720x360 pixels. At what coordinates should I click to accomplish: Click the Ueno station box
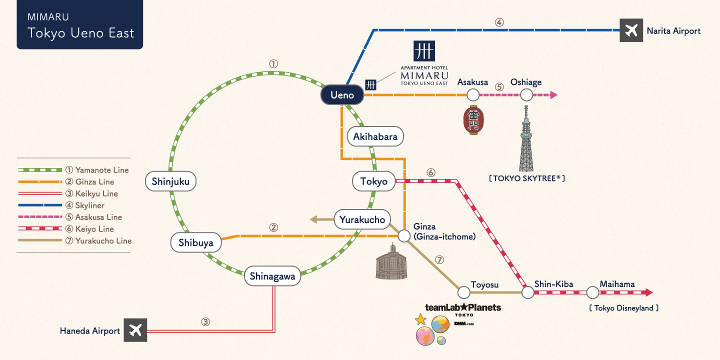[342, 95]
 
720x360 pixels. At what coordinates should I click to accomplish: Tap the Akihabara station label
[375, 136]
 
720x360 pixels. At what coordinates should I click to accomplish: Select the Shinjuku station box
[170, 181]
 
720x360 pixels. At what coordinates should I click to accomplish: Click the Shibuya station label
[195, 243]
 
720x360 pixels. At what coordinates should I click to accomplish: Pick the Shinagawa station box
[272, 276]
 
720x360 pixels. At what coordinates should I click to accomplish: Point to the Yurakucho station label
[362, 219]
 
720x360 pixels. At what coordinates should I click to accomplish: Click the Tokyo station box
[373, 181]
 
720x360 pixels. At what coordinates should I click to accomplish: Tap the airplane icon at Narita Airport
[631, 30]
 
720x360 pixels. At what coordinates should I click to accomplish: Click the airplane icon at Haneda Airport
[135, 330]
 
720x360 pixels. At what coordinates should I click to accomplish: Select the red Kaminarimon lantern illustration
[472, 120]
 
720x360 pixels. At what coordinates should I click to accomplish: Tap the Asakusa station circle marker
[473, 94]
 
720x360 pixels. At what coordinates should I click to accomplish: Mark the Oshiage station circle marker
[526, 94]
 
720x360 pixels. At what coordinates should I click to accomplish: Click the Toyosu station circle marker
[463, 292]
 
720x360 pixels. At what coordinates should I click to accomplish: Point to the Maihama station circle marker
[592, 292]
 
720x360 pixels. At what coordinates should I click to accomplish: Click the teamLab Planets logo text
[462, 307]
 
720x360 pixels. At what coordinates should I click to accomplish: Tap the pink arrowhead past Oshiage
[553, 94]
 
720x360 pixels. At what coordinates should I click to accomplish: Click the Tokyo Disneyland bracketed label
[623, 308]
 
